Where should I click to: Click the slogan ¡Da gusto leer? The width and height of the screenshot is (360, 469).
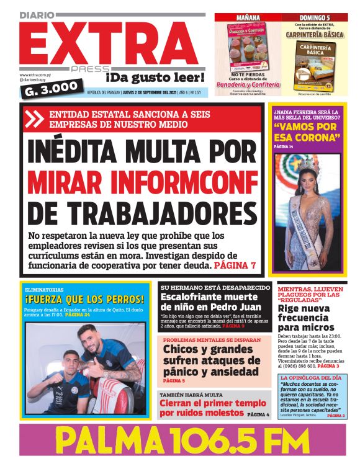pyautogui.click(x=155, y=78)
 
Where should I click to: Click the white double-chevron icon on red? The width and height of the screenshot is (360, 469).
pyautogui.click(x=34, y=118)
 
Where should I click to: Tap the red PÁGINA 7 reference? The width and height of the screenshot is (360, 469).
pyautogui.click(x=235, y=266)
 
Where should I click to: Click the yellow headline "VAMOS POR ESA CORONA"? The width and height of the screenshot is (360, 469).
pyautogui.click(x=306, y=134)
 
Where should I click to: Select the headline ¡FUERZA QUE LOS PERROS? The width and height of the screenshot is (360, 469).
pyautogui.click(x=79, y=300)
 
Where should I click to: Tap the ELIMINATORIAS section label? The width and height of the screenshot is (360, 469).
pyautogui.click(x=43, y=290)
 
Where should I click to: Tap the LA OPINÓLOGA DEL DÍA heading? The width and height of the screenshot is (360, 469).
pyautogui.click(x=310, y=377)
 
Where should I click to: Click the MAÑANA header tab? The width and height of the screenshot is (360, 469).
pyautogui.click(x=248, y=17)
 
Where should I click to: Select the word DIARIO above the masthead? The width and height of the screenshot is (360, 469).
pyautogui.click(x=38, y=14)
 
